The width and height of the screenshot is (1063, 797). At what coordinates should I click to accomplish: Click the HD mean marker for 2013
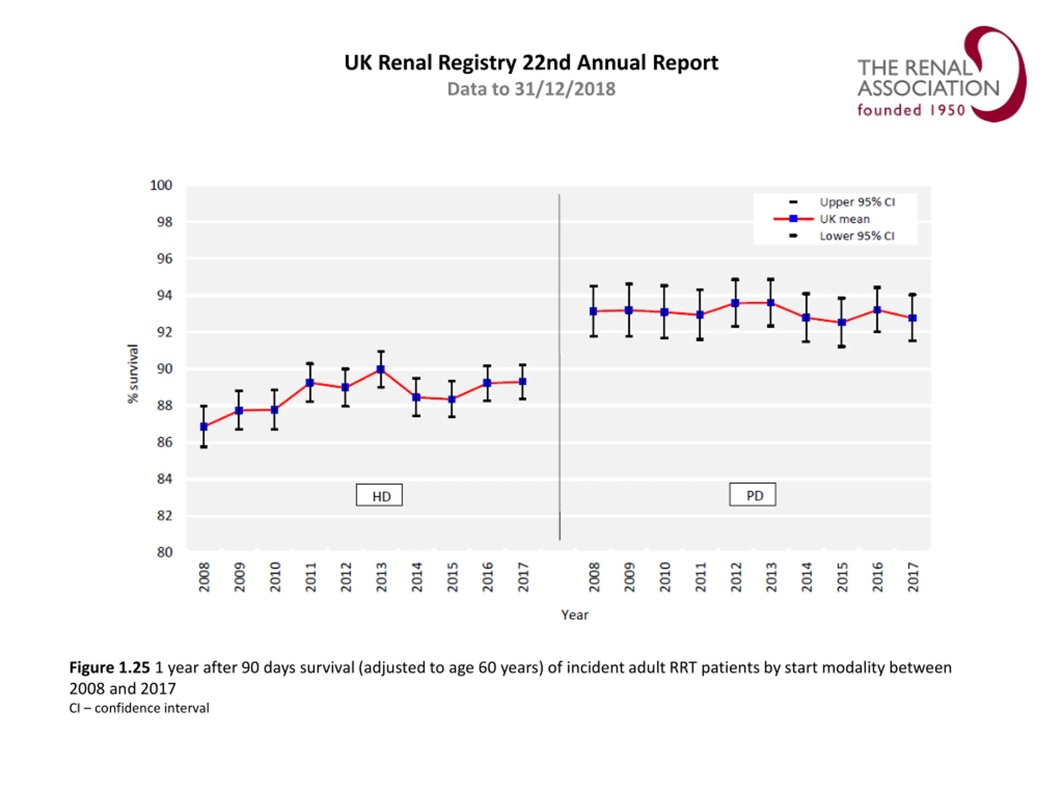point(381,369)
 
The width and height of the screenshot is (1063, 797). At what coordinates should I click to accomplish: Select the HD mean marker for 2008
point(204,427)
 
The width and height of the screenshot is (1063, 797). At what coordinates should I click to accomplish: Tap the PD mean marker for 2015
point(842,323)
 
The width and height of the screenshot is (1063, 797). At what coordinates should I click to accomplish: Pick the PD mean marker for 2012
point(735,303)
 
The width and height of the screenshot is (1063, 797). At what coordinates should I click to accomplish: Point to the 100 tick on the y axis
point(161,186)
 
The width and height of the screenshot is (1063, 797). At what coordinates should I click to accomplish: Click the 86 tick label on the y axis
point(164,442)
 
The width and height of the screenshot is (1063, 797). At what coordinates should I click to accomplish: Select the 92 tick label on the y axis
point(164,332)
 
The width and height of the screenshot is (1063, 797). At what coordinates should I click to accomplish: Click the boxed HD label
point(379,495)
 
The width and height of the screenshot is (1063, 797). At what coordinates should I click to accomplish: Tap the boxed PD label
point(752,495)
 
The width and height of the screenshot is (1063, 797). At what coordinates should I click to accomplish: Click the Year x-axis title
point(575,615)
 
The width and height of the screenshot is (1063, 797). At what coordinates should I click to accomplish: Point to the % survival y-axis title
point(132,374)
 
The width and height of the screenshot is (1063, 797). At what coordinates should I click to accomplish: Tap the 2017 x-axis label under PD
point(913,577)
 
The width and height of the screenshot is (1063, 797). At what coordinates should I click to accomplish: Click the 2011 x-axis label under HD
point(311,577)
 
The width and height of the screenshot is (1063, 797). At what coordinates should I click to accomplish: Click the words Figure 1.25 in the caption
point(110,667)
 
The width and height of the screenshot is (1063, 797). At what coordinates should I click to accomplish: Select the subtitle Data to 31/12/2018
point(531,89)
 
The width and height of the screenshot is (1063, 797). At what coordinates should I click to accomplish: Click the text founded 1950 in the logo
point(911,110)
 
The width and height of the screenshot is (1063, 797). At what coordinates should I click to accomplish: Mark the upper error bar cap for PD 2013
point(771,279)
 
